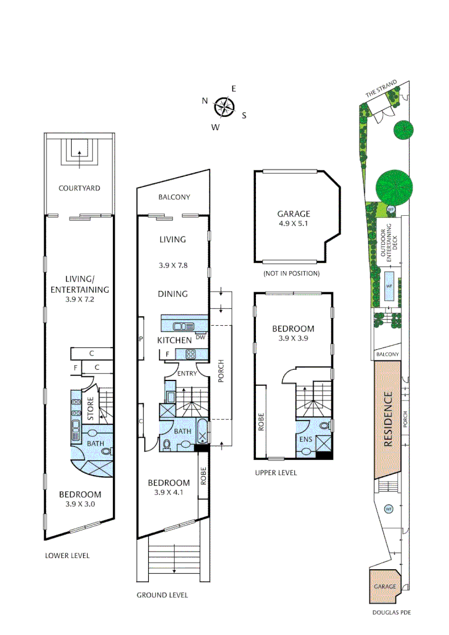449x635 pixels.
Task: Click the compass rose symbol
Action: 224,108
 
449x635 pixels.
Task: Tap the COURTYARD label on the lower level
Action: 79,189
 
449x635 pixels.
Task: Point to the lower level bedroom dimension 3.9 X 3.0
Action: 79,504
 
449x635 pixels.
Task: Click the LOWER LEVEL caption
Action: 68,556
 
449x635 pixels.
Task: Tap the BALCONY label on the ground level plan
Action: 174,198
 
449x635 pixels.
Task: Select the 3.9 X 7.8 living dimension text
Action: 173,265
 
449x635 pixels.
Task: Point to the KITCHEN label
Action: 174,340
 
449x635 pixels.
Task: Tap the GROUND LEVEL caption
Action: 162,595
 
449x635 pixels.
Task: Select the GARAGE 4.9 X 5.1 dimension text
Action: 294,224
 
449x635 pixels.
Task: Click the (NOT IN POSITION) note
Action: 292,273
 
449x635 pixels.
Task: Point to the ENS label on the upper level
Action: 305,439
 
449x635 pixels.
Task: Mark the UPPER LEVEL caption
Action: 276,473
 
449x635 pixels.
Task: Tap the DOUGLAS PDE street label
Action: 391,613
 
